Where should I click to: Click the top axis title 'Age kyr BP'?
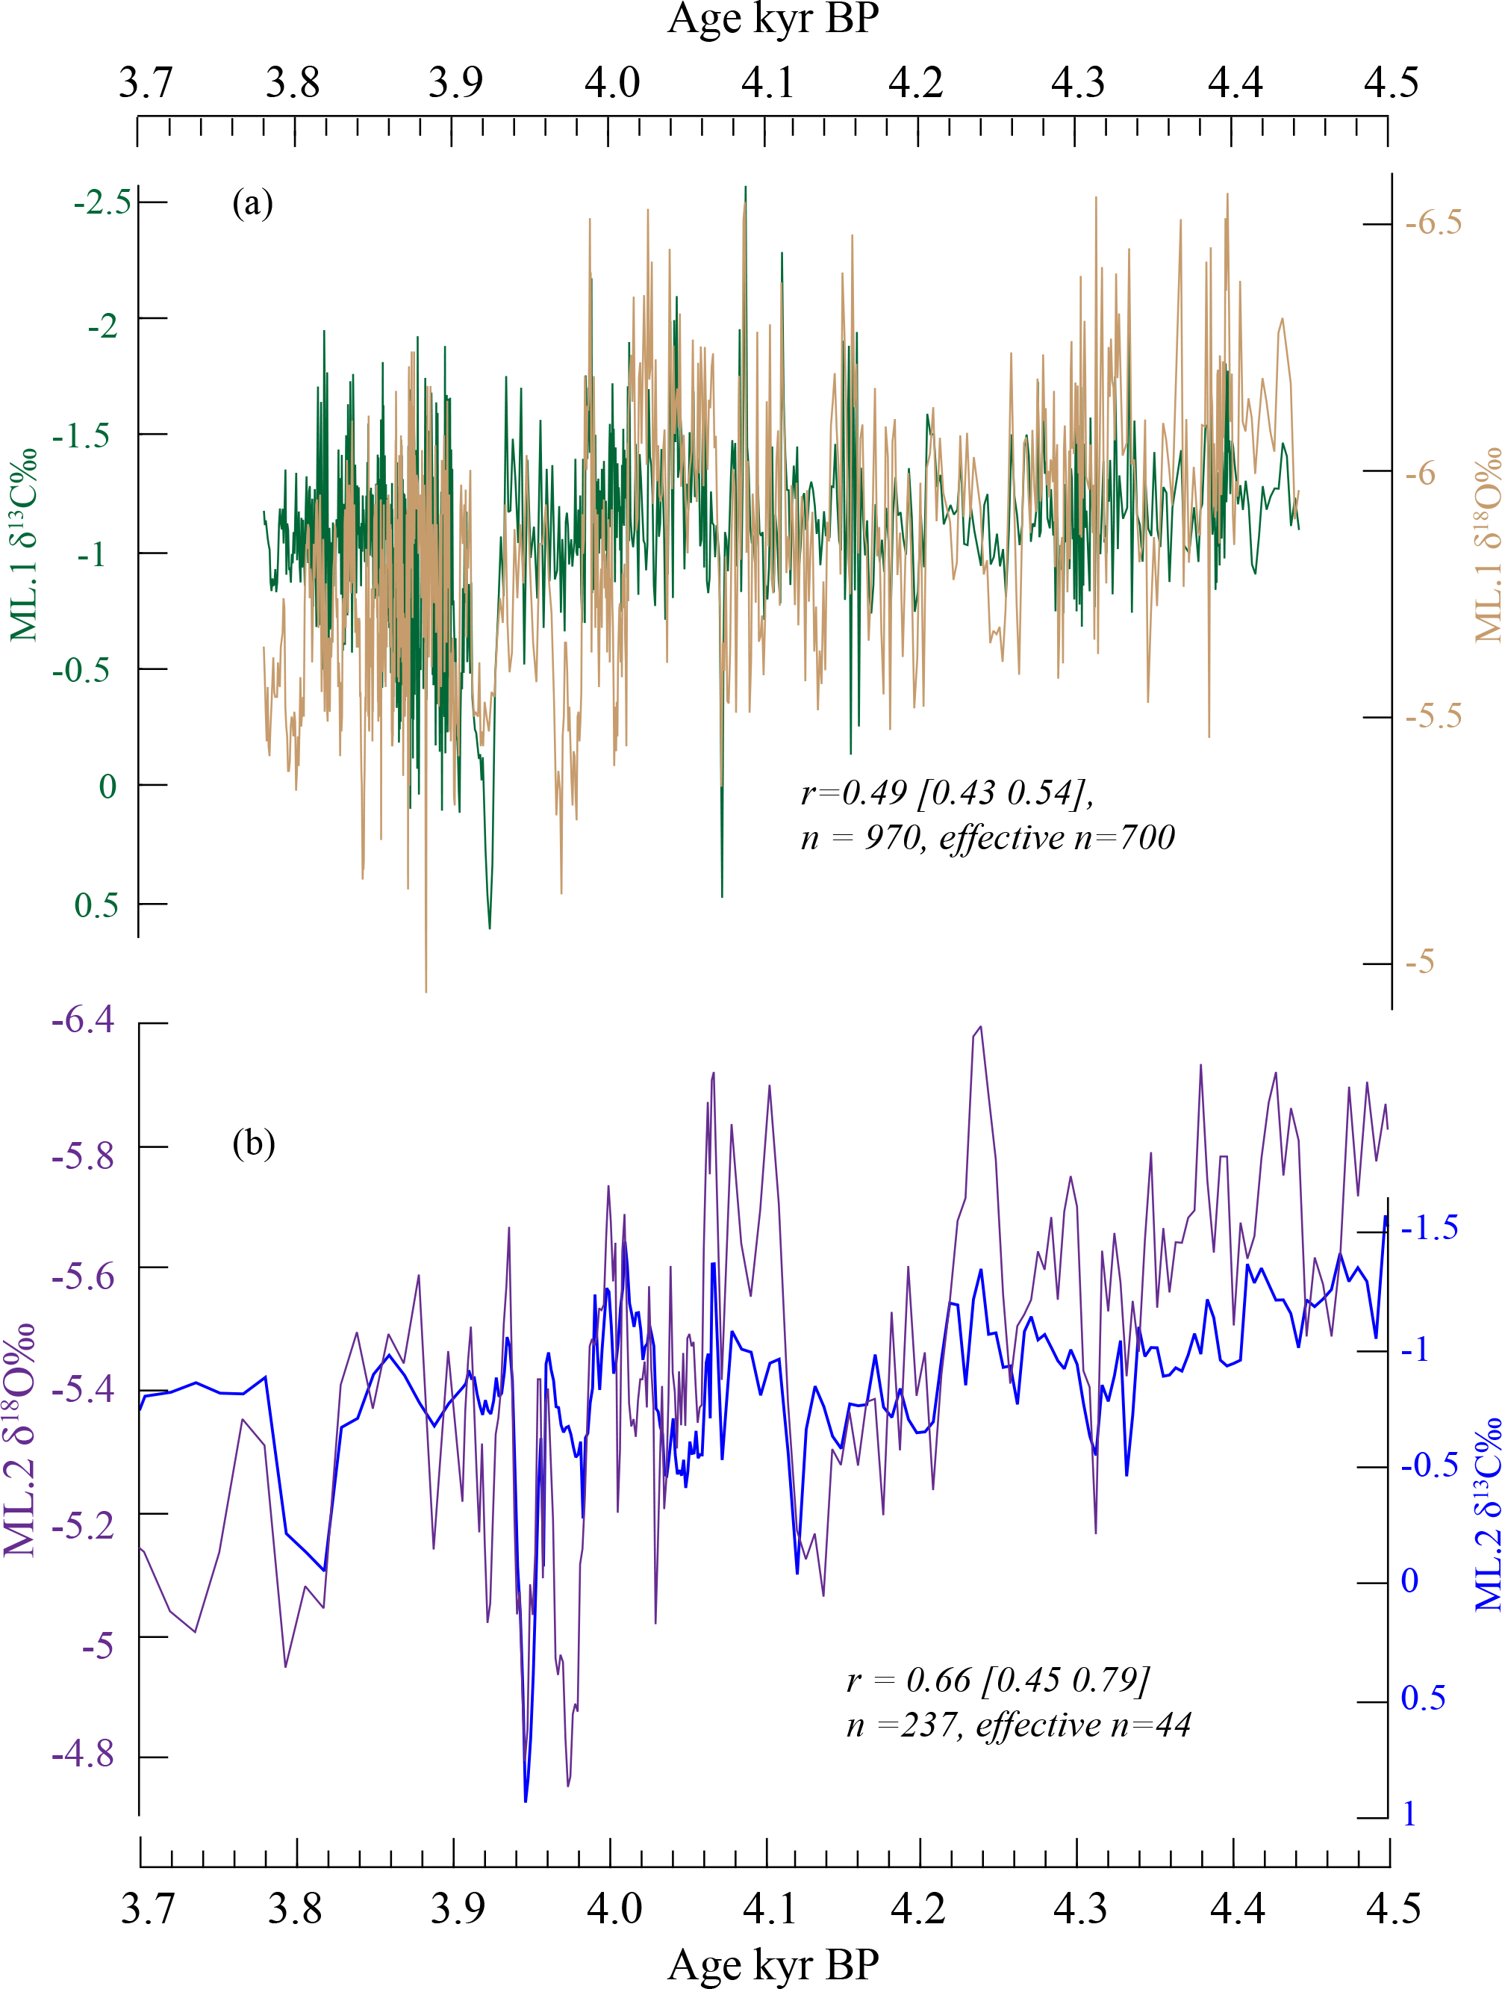772,19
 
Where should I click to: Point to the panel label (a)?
252,203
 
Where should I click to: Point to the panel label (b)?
254,1143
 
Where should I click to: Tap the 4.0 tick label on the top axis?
612,84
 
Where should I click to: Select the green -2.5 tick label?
102,203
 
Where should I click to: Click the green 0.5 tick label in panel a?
96,905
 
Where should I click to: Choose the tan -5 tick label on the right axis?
1420,963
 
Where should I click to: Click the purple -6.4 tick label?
84,1020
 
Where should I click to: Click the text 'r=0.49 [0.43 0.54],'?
947,793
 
